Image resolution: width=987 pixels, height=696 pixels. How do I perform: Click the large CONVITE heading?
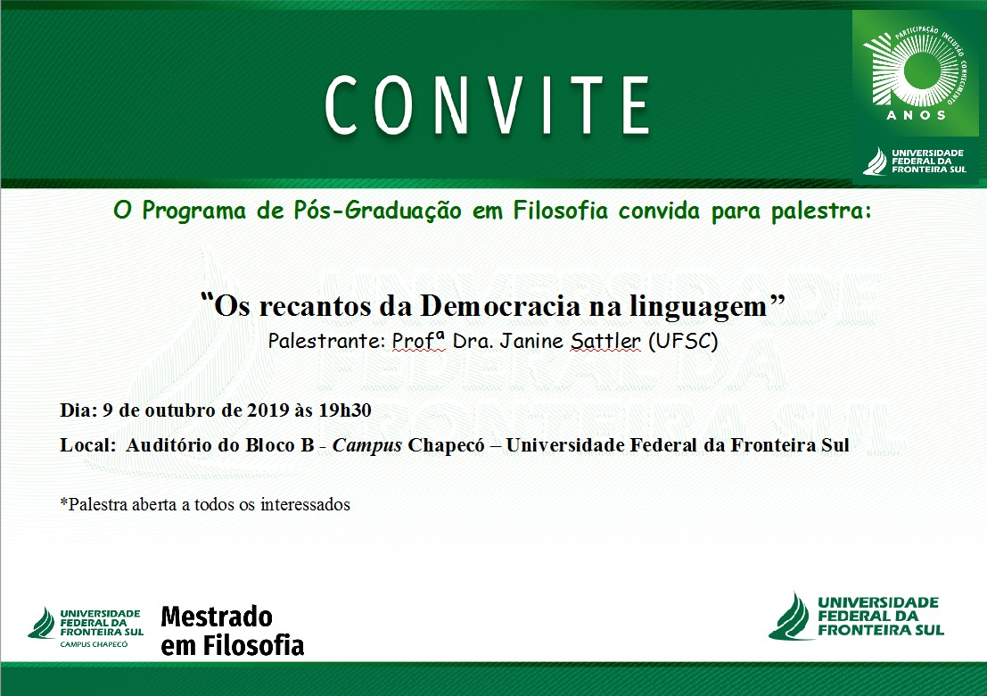coord(487,105)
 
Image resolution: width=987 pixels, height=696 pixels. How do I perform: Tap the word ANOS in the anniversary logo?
coord(916,115)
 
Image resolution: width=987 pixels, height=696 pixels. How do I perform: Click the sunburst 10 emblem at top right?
coord(914,67)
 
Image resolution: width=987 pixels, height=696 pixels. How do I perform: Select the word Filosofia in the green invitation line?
coord(560,211)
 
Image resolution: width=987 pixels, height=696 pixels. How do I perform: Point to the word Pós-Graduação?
coord(378,211)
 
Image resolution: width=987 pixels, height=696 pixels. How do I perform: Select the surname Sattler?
coord(605,341)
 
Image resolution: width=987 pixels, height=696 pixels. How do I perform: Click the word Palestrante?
coord(326,341)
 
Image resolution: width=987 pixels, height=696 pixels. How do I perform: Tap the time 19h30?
coord(345,410)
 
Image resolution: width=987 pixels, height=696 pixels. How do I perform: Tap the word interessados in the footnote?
coord(305,504)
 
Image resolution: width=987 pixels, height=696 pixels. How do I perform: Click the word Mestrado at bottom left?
coord(217,617)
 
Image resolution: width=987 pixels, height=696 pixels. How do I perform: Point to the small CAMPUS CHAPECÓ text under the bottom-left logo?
coord(94,644)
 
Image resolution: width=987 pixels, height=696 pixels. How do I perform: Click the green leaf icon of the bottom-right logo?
coord(790,617)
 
